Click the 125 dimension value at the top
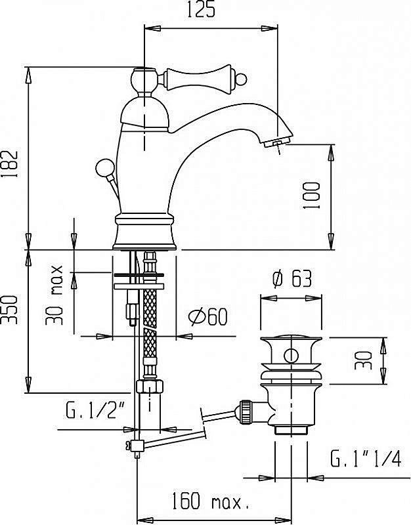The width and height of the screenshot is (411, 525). tap(210, 11)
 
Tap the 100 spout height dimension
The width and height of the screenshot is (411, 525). tap(313, 195)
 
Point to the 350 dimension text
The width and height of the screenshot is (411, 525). tap(12, 309)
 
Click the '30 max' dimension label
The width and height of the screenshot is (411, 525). tap(56, 295)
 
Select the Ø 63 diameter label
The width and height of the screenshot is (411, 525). tap(292, 280)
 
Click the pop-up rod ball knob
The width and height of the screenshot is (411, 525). tap(103, 167)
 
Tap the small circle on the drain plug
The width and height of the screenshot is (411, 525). tap(291, 357)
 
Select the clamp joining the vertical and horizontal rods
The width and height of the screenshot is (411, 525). tap(136, 446)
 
